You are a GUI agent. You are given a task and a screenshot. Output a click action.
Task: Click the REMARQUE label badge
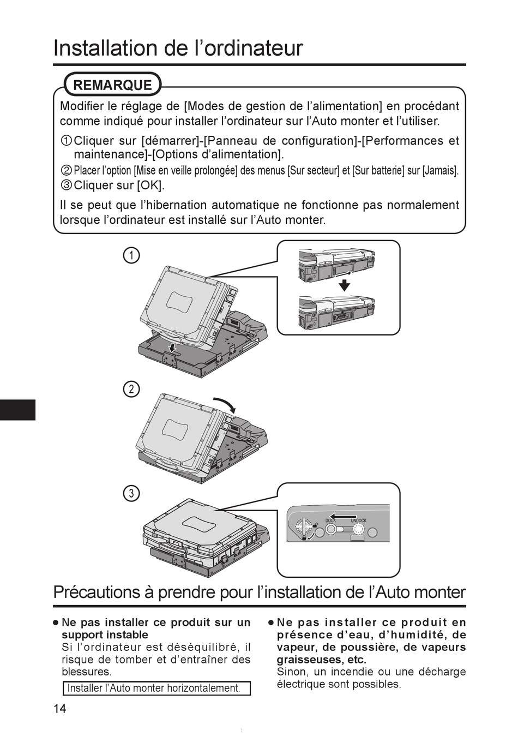click(x=112, y=85)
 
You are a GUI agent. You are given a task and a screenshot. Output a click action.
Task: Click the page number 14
click(x=60, y=709)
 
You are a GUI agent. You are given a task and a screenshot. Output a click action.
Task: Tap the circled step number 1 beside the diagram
click(x=131, y=255)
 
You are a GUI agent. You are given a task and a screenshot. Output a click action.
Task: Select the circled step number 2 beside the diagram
click(x=131, y=389)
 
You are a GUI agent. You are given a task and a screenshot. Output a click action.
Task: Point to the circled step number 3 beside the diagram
click(x=131, y=493)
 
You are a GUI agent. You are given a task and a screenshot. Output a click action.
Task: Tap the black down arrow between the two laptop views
click(x=344, y=286)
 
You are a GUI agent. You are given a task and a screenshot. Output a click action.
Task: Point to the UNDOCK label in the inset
click(x=358, y=520)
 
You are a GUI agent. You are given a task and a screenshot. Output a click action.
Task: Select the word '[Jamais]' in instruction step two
click(x=440, y=170)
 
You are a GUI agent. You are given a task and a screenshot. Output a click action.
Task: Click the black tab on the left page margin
click(x=17, y=410)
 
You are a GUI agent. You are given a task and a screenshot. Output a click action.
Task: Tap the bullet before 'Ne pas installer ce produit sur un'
click(x=56, y=623)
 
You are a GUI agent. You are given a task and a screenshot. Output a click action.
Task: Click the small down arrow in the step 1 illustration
click(x=172, y=347)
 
